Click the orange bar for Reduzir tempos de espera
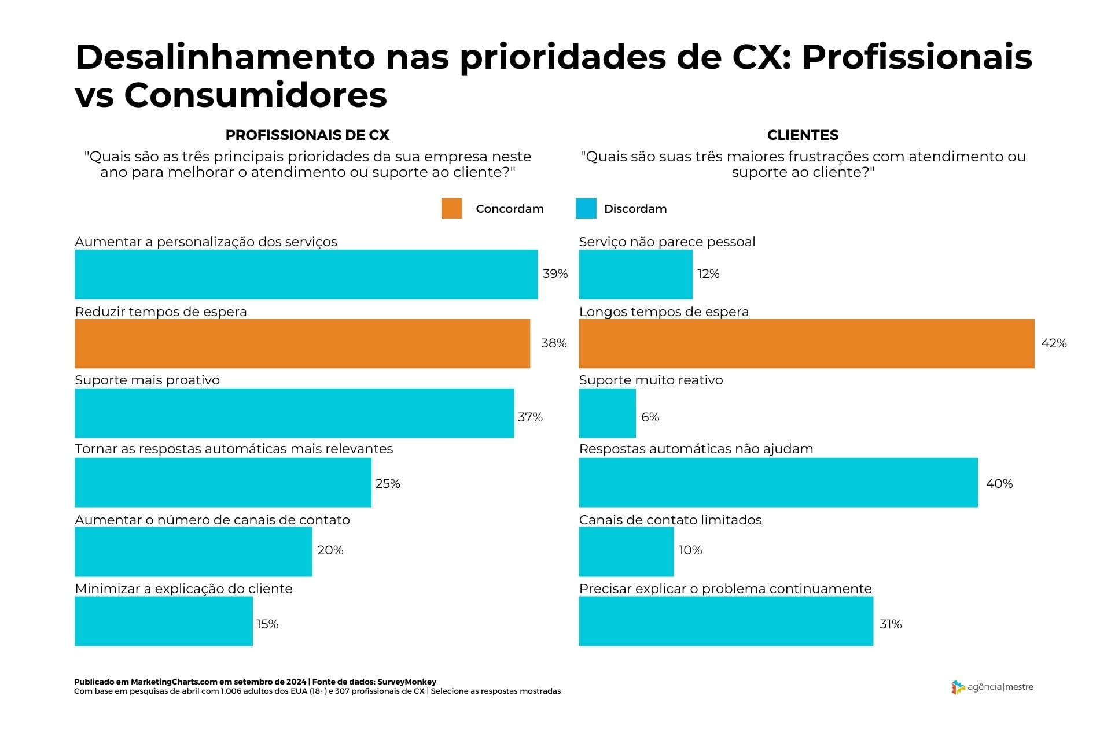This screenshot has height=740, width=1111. pyautogui.click(x=302, y=343)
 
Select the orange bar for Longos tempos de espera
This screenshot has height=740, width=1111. pyautogui.click(x=806, y=343)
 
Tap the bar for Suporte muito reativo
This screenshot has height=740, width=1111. pyautogui.click(x=607, y=413)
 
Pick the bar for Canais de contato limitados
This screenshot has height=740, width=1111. pyautogui.click(x=626, y=552)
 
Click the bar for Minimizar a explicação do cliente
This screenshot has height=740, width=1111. pyautogui.click(x=164, y=621)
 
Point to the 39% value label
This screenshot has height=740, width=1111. pyautogui.click(x=555, y=274)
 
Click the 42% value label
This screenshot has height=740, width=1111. pyautogui.click(x=1054, y=343)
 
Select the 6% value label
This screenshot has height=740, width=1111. pyautogui.click(x=650, y=417)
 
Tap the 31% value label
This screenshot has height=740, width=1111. pyautogui.click(x=891, y=624)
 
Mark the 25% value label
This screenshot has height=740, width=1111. pyautogui.click(x=388, y=484)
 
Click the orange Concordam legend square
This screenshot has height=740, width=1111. pyautogui.click(x=451, y=209)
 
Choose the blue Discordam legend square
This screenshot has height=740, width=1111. pyautogui.click(x=586, y=209)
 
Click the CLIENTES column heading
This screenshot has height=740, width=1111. pyautogui.click(x=803, y=135)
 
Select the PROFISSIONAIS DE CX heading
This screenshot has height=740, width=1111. pyautogui.click(x=307, y=135)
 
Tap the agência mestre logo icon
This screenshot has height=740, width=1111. pyautogui.click(x=958, y=687)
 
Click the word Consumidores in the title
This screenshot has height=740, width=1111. pyautogui.click(x=255, y=95)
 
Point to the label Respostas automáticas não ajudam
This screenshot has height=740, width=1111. pyautogui.click(x=696, y=449)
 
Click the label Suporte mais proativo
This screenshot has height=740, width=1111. pyautogui.click(x=148, y=380)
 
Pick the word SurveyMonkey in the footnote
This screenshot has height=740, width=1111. pyautogui.click(x=407, y=682)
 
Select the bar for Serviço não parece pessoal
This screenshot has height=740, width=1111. pyautogui.click(x=635, y=274)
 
